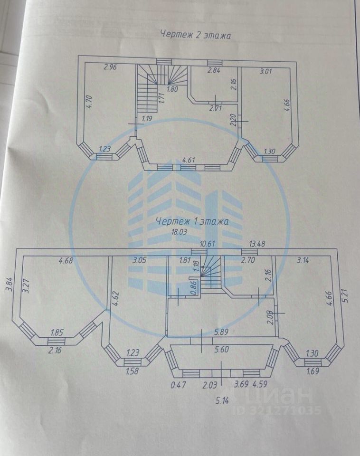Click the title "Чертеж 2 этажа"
196,35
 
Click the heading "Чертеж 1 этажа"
193,221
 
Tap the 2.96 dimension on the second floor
110,67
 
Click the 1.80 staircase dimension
172,88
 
